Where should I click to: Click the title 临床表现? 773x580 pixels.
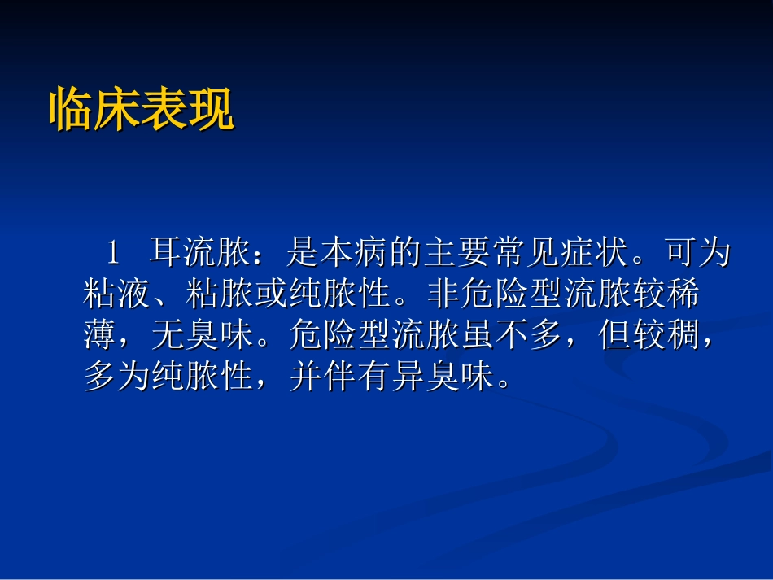coord(142,111)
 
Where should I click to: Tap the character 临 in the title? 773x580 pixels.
coord(72,111)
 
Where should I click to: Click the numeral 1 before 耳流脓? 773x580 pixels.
coord(113,255)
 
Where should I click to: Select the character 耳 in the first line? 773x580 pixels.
coord(168,255)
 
